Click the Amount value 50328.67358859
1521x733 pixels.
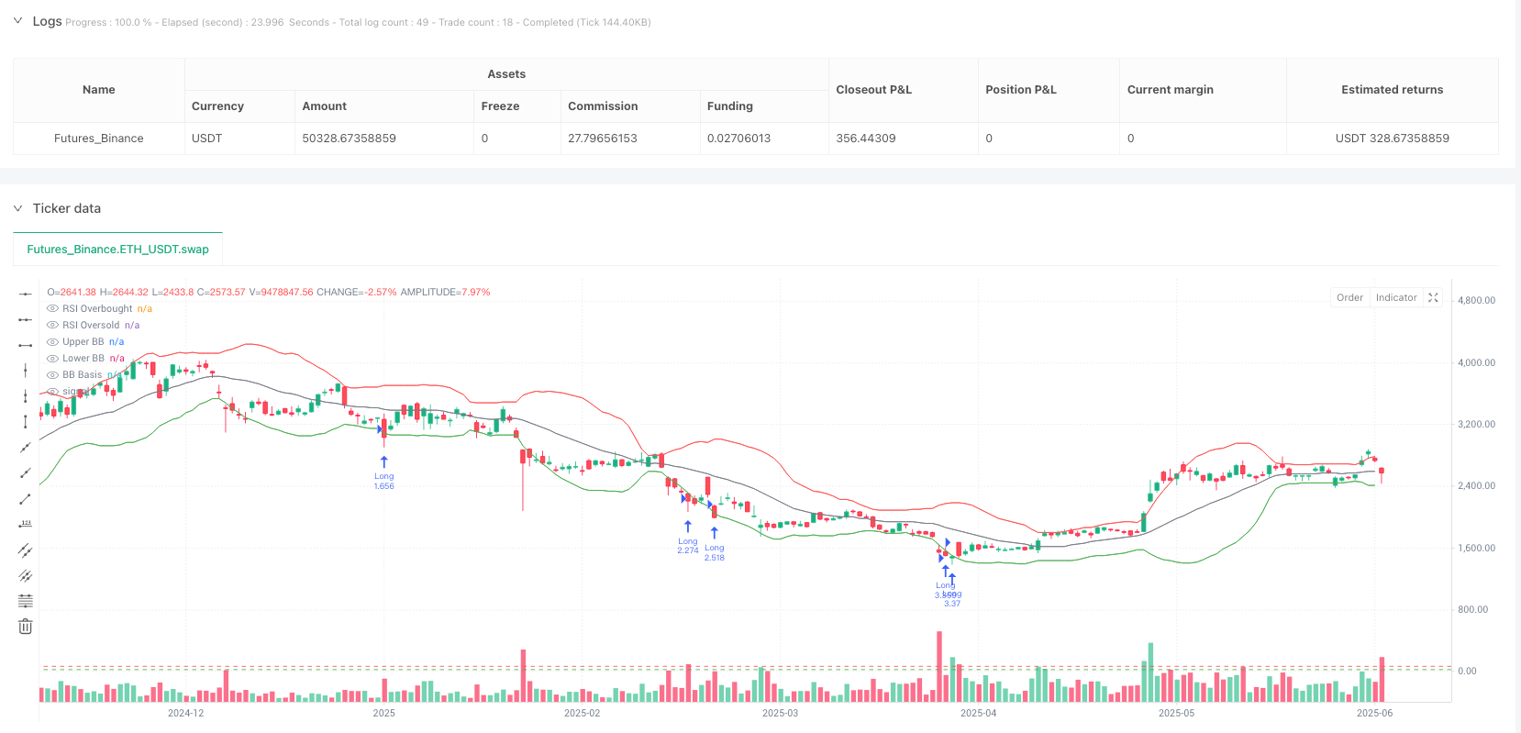click(x=349, y=139)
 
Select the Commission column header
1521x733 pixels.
click(x=602, y=106)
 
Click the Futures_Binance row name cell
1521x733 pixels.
click(x=98, y=139)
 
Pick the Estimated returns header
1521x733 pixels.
click(x=1392, y=90)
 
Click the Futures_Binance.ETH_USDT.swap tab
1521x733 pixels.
click(x=117, y=250)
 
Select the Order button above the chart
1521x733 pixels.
click(x=1349, y=297)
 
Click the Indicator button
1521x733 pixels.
click(x=1396, y=297)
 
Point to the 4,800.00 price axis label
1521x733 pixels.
click(x=1476, y=300)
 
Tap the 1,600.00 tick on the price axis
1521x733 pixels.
click(x=1476, y=548)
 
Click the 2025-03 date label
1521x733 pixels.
click(x=780, y=713)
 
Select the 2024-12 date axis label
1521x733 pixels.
click(x=185, y=713)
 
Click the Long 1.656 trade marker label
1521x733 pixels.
click(x=383, y=481)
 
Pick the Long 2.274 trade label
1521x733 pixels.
click(x=688, y=546)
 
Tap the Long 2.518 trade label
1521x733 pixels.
click(x=714, y=552)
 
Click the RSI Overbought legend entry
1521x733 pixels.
click(x=97, y=309)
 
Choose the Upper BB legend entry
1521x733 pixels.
click(x=83, y=342)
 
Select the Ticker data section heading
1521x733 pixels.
click(x=67, y=208)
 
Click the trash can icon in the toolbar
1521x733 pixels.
click(x=26, y=627)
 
